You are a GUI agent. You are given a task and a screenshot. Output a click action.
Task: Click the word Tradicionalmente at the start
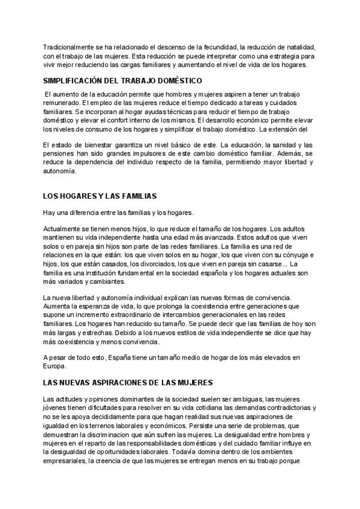click(x=67, y=47)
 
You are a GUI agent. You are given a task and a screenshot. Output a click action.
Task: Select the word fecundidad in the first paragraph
click(x=218, y=47)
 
